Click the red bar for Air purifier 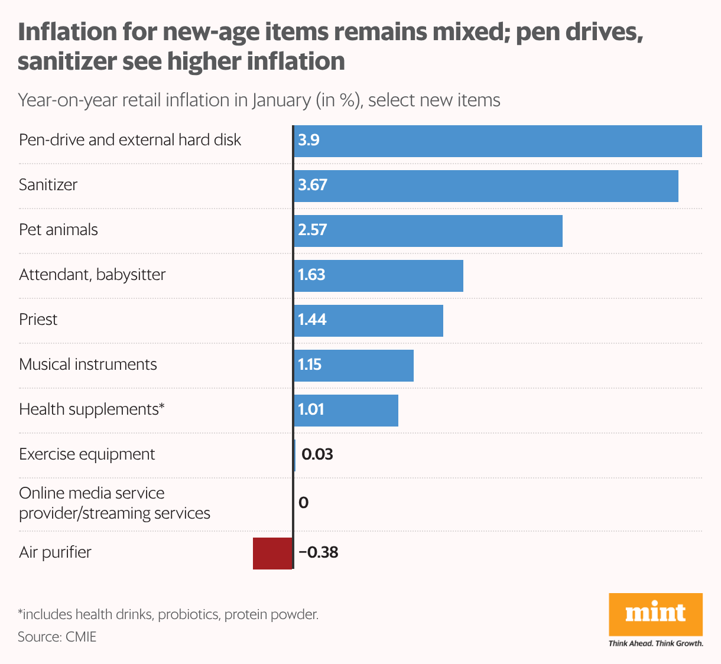272,554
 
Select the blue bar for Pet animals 428,230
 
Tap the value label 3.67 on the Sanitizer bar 313,185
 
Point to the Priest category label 38,320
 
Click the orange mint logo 655,614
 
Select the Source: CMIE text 57,637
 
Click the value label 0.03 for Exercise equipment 317,454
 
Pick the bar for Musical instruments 353,365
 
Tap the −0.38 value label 319,552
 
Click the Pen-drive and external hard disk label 130,140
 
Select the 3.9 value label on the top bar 308,140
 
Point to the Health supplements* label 92,409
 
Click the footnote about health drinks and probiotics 168,614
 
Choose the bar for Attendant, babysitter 378,275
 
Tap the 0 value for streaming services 304,503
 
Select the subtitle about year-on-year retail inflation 259,100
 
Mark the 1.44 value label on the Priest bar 312,320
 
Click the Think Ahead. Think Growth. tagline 655,643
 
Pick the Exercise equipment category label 87,454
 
